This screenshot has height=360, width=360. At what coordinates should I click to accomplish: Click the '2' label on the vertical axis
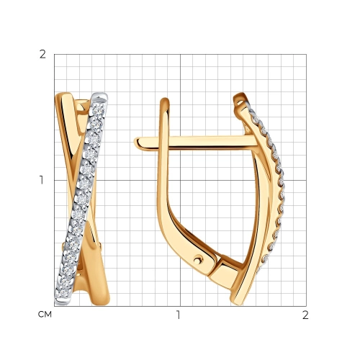pyautogui.click(x=42, y=55)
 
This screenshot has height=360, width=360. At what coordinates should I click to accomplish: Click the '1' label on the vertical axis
pyautogui.click(x=42, y=180)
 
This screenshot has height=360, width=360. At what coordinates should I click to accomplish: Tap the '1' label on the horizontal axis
pyautogui.click(x=178, y=315)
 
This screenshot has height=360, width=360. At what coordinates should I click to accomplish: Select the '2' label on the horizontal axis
pyautogui.click(x=305, y=315)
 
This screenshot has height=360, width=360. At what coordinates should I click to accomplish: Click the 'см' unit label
pyautogui.click(x=45, y=315)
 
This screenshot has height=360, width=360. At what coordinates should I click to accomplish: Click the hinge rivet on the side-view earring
pyautogui.click(x=198, y=260)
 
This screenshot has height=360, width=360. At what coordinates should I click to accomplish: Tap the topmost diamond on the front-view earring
pyautogui.click(x=99, y=110)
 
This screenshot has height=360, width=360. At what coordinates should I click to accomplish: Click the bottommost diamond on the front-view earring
pyautogui.click(x=63, y=293)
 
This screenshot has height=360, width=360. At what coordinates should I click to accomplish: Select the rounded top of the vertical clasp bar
pyautogui.click(x=165, y=101)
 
